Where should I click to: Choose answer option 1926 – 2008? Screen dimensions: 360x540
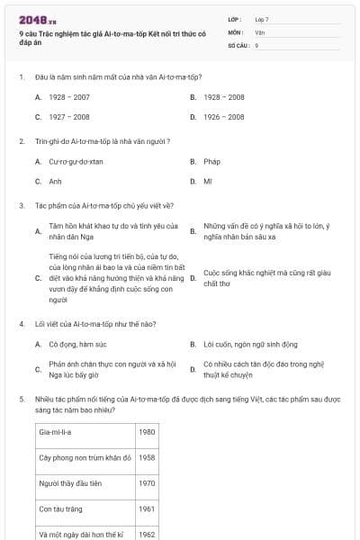223,117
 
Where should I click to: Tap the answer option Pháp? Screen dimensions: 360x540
211,162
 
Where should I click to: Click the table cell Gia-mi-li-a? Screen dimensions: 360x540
57,432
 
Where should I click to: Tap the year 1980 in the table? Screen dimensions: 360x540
147,432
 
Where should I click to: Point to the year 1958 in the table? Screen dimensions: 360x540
147,457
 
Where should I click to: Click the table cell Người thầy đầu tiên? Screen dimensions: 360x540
72,483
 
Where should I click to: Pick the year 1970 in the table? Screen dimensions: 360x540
147,483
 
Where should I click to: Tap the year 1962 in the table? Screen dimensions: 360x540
147,534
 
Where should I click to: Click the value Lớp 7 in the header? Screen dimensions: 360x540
262,19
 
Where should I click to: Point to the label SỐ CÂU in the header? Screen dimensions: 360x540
237,44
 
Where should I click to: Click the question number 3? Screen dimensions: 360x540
21,205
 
